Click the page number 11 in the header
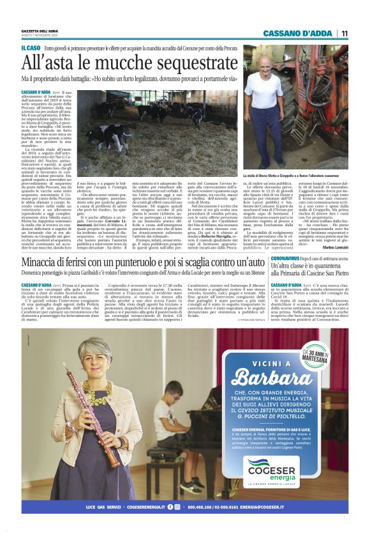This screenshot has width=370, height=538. pyautogui.click(x=344, y=33)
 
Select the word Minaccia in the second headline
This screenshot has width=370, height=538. pyautogui.click(x=47, y=260)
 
